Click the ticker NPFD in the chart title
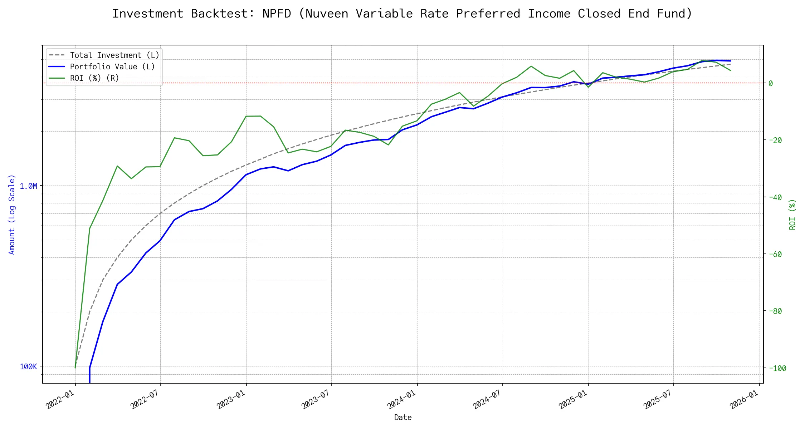(277, 14)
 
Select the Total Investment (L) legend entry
(114, 55)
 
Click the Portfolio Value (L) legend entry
(112, 67)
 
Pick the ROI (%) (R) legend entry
(94, 78)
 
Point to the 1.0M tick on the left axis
(28, 186)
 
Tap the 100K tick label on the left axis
(28, 367)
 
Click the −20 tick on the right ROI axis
(775, 140)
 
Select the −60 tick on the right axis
(775, 254)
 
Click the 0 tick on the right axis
(771, 83)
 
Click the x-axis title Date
(403, 418)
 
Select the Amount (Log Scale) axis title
(12, 214)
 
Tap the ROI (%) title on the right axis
(792, 214)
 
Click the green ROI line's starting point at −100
(75, 368)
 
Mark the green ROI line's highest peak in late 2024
(531, 66)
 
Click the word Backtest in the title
(219, 14)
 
